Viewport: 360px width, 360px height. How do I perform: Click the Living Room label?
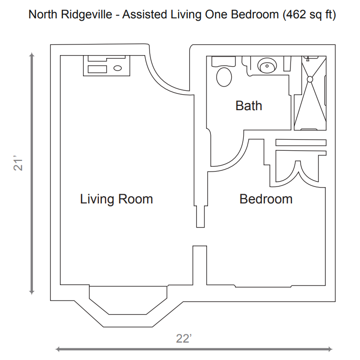(x=116, y=199)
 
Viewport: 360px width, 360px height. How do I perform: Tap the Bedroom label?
(x=266, y=199)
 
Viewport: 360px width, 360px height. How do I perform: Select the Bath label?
(x=249, y=106)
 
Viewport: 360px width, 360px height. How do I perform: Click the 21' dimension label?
(x=18, y=164)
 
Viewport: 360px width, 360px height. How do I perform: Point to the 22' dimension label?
(x=184, y=339)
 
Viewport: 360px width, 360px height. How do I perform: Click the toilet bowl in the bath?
(x=224, y=77)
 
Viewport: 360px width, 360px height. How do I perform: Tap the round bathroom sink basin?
(x=267, y=66)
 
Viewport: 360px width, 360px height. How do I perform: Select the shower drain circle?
(x=310, y=79)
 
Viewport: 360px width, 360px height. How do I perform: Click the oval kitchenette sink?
(x=118, y=68)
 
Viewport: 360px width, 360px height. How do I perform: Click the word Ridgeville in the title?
(x=86, y=14)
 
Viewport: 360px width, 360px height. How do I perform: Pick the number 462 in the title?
(x=294, y=14)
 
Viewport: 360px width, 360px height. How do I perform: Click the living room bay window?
(x=128, y=300)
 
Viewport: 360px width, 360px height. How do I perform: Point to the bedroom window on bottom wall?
(x=263, y=286)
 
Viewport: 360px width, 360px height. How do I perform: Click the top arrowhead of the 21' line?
(x=32, y=55)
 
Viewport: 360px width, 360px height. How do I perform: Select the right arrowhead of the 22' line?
(x=330, y=349)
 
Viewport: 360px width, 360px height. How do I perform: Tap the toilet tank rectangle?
(x=223, y=61)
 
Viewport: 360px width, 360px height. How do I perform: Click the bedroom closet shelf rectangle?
(x=301, y=143)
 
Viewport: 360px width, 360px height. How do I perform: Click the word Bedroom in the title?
(x=255, y=14)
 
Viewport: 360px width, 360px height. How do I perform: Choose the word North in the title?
(x=43, y=14)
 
